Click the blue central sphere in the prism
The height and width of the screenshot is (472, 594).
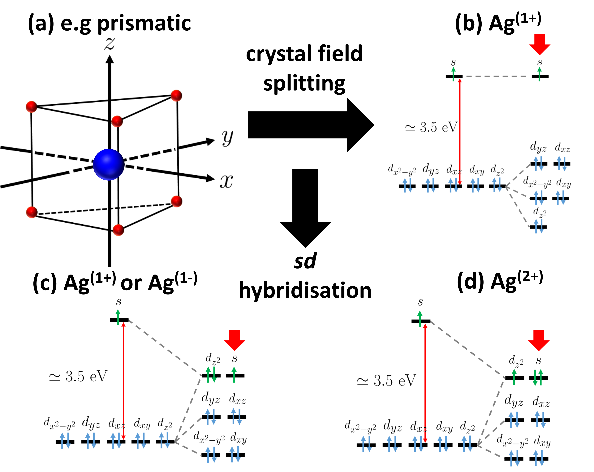click(x=109, y=165)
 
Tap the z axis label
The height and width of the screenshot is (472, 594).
click(x=109, y=44)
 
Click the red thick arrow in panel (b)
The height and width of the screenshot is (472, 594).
click(x=540, y=44)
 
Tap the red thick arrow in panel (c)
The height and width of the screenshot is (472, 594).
click(x=235, y=339)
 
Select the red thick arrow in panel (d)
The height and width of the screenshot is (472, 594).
click(x=539, y=339)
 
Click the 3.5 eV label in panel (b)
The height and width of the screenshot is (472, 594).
click(x=431, y=127)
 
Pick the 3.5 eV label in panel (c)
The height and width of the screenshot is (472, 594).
click(x=78, y=376)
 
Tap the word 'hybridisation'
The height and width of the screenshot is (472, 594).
click(x=305, y=290)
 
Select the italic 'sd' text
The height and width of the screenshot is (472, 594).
click(x=305, y=260)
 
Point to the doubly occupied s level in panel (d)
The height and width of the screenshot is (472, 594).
click(x=538, y=378)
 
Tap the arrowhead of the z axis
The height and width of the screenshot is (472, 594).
click(x=110, y=59)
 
